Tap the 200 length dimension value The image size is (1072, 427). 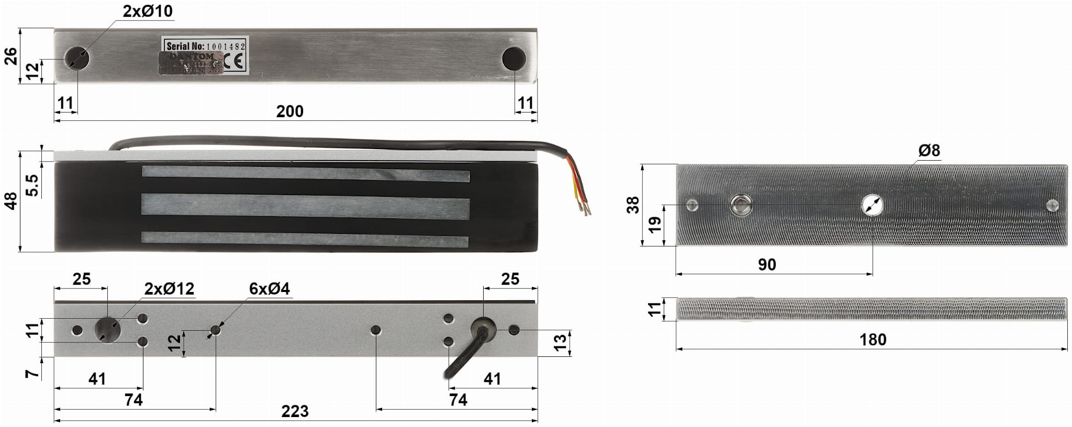click(289, 111)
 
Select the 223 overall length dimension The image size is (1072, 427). click(295, 411)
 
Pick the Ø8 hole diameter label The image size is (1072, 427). click(929, 151)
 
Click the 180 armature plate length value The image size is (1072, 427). click(873, 340)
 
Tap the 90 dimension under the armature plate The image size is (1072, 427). click(767, 265)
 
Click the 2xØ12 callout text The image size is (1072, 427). click(169, 289)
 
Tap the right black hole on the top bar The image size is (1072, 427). click(513, 59)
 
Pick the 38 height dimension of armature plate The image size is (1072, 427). click(633, 205)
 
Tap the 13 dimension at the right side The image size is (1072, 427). click(560, 342)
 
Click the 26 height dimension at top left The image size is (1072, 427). click(10, 56)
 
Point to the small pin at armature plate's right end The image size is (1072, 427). click(1051, 205)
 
